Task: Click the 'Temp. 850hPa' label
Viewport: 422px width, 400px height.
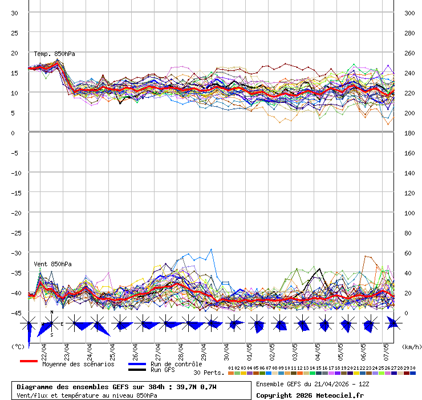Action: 54,54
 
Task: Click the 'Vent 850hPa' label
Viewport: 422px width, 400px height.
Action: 48,264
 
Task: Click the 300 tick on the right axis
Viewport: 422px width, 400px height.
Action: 409,13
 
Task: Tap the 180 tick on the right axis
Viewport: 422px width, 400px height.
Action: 409,133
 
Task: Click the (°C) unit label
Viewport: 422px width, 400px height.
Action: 18,346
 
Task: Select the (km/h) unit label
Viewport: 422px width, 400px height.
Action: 411,346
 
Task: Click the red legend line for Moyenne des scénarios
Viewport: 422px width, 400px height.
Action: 29,361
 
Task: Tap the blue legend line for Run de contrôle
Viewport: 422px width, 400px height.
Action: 137,364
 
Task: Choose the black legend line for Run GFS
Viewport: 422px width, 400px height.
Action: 137,370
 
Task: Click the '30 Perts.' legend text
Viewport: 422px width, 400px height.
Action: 209,373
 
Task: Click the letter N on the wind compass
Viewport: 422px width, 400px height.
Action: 52,313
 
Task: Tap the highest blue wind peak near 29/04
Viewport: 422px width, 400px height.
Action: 212,249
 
